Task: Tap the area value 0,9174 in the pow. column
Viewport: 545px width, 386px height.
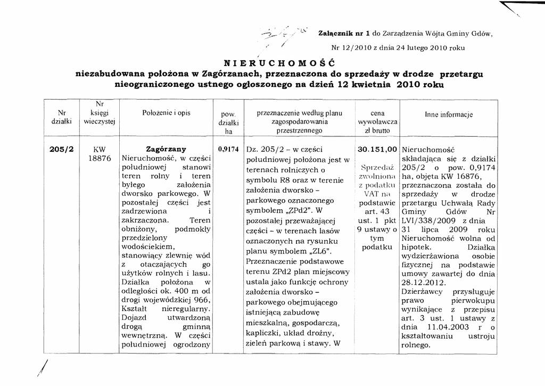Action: click(228, 150)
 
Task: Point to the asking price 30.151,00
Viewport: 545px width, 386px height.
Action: click(377, 150)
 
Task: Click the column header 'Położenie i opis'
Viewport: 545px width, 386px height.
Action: click(166, 113)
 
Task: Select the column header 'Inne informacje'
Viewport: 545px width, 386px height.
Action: click(449, 115)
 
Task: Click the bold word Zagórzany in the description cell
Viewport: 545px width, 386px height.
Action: click(166, 149)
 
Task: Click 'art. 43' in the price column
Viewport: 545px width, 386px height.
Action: click(377, 212)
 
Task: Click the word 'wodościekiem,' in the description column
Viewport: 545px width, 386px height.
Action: click(148, 247)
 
